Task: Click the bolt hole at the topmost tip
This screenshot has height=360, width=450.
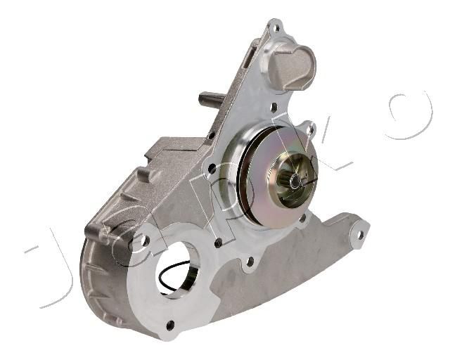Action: [277, 28]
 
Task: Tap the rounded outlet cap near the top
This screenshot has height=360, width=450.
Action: [292, 67]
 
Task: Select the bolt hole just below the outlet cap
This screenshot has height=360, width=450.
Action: [274, 108]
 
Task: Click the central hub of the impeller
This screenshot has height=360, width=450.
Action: [295, 181]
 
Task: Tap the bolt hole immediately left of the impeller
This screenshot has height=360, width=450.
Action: [212, 169]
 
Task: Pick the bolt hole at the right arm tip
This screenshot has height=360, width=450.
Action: [361, 235]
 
